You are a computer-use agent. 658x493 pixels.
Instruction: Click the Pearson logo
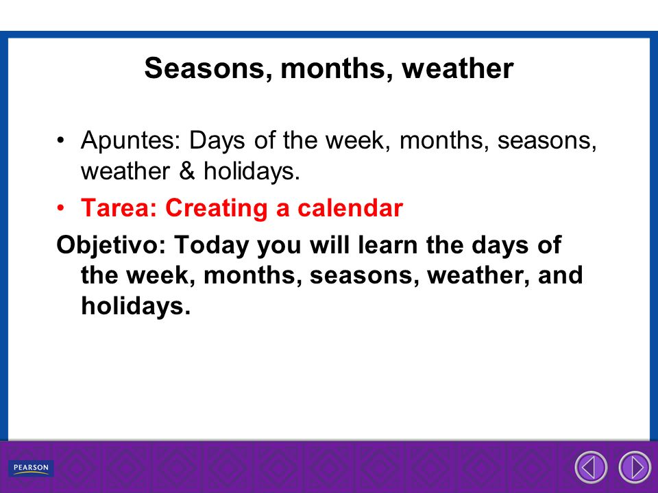(x=31, y=468)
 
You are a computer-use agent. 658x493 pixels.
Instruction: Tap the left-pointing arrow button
(x=591, y=467)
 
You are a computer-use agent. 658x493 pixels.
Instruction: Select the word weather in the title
(x=457, y=68)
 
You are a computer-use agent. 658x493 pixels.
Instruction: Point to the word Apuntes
(x=130, y=141)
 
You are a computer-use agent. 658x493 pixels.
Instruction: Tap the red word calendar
(x=350, y=207)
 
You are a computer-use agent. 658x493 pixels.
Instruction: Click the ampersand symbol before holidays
(x=187, y=171)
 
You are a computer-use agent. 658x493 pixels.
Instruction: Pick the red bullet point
(x=61, y=208)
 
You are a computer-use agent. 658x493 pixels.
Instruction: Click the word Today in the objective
(x=212, y=246)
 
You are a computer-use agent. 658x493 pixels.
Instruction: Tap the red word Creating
(x=216, y=208)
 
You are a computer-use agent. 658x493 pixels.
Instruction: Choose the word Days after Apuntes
(x=217, y=141)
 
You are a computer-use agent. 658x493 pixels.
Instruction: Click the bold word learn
(x=388, y=245)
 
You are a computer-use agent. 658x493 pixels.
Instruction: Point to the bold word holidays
(x=136, y=306)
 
